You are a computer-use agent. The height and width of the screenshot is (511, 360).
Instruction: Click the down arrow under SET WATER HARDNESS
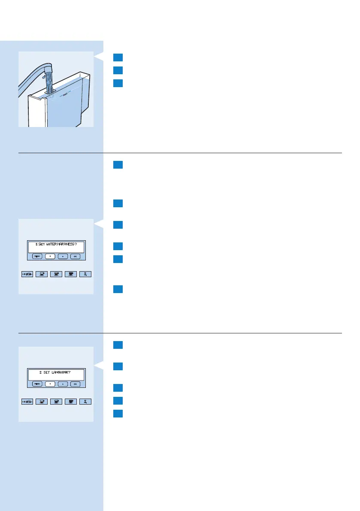tap(51, 256)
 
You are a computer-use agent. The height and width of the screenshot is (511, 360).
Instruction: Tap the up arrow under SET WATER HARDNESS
tap(63, 256)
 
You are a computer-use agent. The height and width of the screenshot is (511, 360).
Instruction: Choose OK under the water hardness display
tap(76, 256)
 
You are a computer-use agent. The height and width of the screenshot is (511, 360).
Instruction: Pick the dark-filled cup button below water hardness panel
tap(71, 275)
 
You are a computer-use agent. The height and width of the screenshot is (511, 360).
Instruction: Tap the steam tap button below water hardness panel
tap(86, 275)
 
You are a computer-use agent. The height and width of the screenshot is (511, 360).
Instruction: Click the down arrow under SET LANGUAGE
tap(51, 384)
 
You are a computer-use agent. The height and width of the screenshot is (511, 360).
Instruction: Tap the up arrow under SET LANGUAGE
tap(63, 384)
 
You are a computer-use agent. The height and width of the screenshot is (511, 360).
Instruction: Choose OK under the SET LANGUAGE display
tap(76, 384)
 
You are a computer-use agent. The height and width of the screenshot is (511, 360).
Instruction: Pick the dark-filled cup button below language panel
tap(71, 402)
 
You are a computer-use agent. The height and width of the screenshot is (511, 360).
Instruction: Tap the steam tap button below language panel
tap(86, 402)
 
